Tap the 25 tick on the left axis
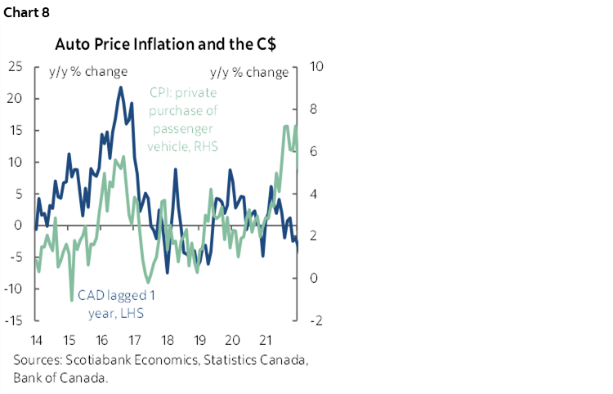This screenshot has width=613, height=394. pos(15,66)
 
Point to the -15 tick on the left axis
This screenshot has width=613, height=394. pos(13,320)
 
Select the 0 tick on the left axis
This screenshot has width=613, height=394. pos(19,225)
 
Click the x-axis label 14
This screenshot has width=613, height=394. pos(36,339)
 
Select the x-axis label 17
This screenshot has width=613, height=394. pos(133,339)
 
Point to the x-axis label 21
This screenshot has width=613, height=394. pos(264,339)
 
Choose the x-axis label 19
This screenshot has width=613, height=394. pos(199,339)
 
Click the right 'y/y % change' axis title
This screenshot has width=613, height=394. pos(248,72)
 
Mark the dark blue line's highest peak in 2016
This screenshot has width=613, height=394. pos(121,87)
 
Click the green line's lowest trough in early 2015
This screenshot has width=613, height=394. pos(70,302)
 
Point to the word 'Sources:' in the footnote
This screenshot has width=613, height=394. pos(37,360)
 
